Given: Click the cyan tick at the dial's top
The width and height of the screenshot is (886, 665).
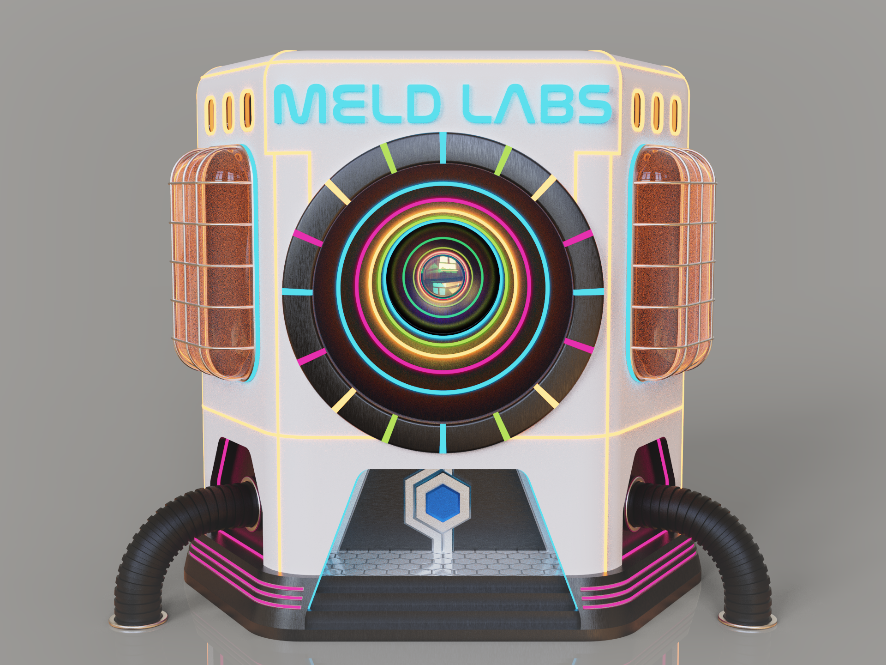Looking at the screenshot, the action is (x=443, y=148).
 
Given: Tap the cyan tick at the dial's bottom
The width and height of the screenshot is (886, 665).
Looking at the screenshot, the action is (x=443, y=438).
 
